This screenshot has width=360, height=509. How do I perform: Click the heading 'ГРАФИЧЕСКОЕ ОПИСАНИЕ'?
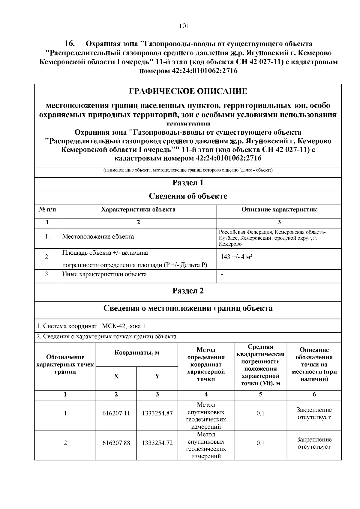(188, 91)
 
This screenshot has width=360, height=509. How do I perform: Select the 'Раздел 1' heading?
(188, 183)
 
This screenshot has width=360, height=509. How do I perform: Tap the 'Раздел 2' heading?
(188, 291)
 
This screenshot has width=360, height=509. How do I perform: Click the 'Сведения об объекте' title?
(188, 196)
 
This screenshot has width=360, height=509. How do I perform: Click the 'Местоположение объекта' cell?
(98, 237)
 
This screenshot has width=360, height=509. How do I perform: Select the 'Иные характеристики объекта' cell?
(104, 274)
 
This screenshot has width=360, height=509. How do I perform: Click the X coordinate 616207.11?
(116, 413)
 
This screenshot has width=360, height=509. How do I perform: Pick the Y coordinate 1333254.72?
(157, 443)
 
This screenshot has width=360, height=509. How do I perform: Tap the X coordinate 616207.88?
(116, 443)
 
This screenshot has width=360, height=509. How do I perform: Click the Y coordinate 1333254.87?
(157, 413)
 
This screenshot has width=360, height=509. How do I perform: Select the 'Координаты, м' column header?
(137, 353)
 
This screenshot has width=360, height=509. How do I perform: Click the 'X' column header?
(116, 376)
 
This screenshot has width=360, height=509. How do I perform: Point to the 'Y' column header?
(157, 376)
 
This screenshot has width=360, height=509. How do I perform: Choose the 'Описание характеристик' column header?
(279, 210)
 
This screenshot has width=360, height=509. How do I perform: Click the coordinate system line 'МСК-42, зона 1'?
(123, 326)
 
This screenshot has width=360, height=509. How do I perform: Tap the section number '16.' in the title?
(70, 44)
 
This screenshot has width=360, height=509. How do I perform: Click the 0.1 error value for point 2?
(260, 443)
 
